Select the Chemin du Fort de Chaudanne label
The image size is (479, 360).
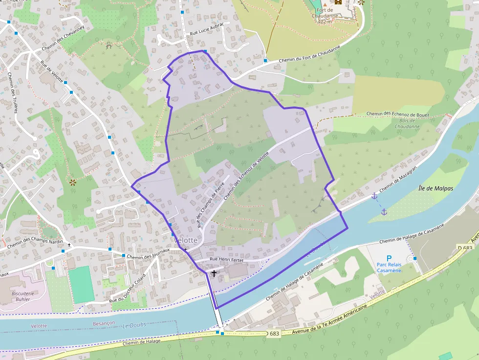click(x=309, y=56)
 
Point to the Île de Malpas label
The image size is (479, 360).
click(x=435, y=188)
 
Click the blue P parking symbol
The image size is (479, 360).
click(x=389, y=258)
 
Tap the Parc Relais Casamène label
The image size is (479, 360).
click(x=389, y=268)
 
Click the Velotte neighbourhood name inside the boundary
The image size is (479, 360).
click(x=186, y=240)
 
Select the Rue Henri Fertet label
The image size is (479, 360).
click(x=226, y=260)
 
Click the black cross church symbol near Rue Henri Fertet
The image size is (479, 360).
click(x=214, y=274)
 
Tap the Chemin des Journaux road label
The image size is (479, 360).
click(x=148, y=251)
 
